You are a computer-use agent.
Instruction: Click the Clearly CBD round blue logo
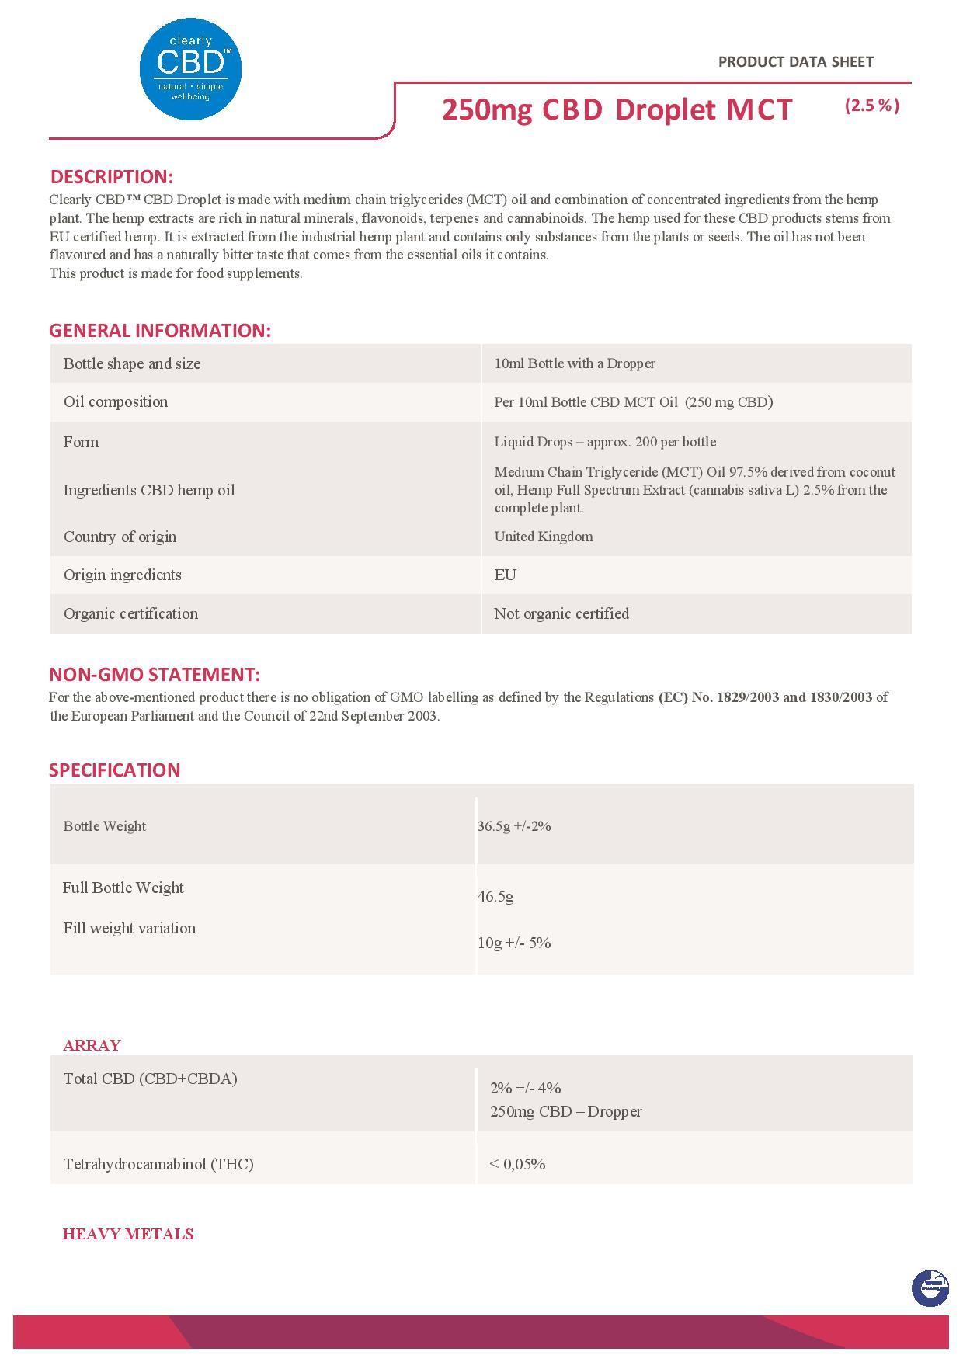pos(190,70)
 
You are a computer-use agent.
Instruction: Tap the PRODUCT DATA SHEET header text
pos(795,62)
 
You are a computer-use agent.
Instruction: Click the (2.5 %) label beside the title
pos(871,106)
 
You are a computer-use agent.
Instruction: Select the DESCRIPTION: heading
pos(111,176)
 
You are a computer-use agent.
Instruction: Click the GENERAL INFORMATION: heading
pos(160,330)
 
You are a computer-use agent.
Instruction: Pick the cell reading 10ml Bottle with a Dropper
pos(575,363)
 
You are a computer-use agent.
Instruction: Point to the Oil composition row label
pos(116,401)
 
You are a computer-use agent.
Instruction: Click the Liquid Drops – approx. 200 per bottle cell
pos(605,442)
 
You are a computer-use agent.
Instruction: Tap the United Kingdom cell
pos(543,537)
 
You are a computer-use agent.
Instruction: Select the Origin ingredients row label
pos(123,575)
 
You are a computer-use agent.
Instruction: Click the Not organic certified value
pos(561,613)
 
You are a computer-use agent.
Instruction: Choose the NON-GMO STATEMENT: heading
pos(155,674)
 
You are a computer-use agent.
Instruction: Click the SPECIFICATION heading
pos(114,770)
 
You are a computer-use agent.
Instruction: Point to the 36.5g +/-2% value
pos(514,826)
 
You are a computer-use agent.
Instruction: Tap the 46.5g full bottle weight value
pos(495,896)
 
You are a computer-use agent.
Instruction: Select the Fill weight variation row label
pos(130,928)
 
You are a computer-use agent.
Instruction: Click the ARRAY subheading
pos(92,1045)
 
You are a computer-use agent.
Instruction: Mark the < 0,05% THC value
pos(517,1164)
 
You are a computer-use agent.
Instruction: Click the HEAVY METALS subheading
pos(128,1234)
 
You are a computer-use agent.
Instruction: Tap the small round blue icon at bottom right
pos(930,1288)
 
